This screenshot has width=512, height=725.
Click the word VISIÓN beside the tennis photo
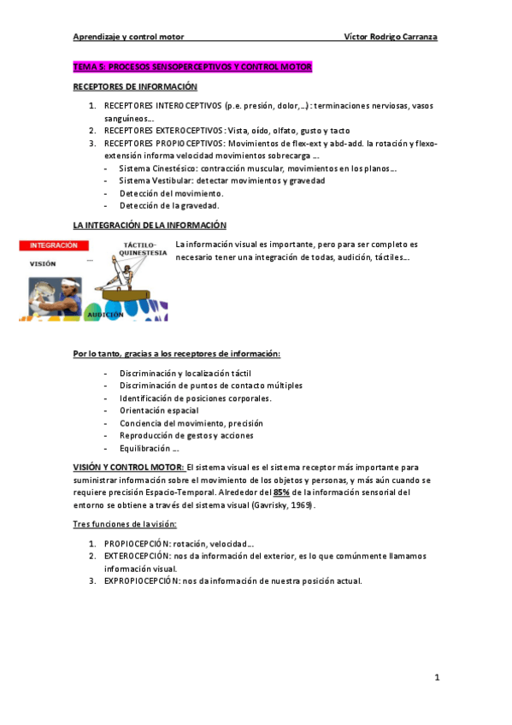(43, 264)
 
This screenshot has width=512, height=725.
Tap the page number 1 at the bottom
(436, 678)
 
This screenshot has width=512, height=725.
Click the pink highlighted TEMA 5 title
(192, 67)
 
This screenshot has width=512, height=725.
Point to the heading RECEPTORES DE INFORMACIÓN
(135, 87)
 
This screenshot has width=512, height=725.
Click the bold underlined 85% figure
(282, 492)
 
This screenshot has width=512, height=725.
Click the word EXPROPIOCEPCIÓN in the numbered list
(138, 581)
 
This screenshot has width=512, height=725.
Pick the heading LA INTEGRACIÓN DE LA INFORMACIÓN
(150, 225)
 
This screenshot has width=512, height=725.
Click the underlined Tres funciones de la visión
(124, 523)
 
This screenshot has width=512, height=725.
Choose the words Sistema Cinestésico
(155, 168)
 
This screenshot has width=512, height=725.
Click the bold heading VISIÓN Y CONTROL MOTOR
(127, 468)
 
